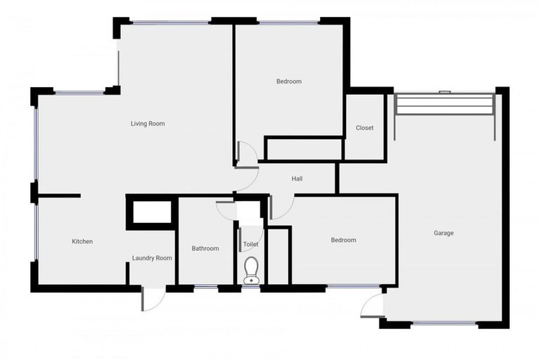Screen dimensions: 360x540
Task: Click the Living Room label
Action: (x=148, y=124)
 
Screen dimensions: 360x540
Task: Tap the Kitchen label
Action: (x=82, y=242)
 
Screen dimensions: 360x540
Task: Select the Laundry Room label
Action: (x=152, y=258)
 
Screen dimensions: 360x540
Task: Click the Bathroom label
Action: (x=205, y=248)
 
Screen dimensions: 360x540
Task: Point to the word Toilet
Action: (x=250, y=245)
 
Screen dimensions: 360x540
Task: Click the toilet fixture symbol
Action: (x=251, y=269)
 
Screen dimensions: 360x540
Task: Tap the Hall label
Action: (x=297, y=179)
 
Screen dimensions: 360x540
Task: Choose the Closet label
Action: (x=364, y=128)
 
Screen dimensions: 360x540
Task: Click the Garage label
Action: (x=443, y=233)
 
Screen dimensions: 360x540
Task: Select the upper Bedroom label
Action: (x=288, y=82)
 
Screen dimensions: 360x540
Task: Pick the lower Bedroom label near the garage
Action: (x=343, y=240)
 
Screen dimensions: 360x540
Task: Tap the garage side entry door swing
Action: (x=373, y=305)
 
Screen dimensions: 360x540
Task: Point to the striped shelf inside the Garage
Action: (x=444, y=105)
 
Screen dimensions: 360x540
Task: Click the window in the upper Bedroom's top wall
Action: (x=288, y=22)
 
